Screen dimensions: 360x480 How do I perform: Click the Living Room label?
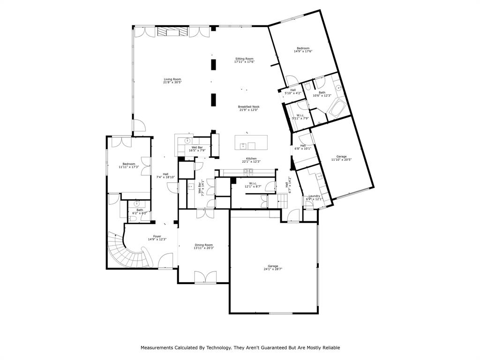pyautogui.click(x=172, y=81)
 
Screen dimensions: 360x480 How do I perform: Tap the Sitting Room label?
pyautogui.click(x=244, y=60)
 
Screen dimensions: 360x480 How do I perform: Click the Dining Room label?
pyautogui.click(x=204, y=246)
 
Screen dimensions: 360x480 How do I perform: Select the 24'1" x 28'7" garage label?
pyautogui.click(x=273, y=267)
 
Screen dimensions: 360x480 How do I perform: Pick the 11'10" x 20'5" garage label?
pyautogui.click(x=341, y=157)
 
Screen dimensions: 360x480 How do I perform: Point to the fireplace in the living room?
pyautogui.click(x=172, y=31)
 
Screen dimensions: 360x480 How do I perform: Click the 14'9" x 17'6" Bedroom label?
pyautogui.click(x=303, y=50)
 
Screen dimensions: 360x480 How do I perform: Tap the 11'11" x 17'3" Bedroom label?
pyautogui.click(x=126, y=165)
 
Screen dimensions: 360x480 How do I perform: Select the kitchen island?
pyautogui.click(x=251, y=142)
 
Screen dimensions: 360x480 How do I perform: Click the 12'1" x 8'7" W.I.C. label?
pyautogui.click(x=253, y=185)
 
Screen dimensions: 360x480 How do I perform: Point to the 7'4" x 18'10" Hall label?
pyautogui.click(x=165, y=175)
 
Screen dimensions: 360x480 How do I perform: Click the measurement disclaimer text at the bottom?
pyautogui.click(x=240, y=348)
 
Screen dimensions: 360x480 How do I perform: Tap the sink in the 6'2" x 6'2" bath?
pyautogui.click(x=137, y=204)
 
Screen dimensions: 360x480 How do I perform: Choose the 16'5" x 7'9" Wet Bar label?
pyautogui.click(x=197, y=149)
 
